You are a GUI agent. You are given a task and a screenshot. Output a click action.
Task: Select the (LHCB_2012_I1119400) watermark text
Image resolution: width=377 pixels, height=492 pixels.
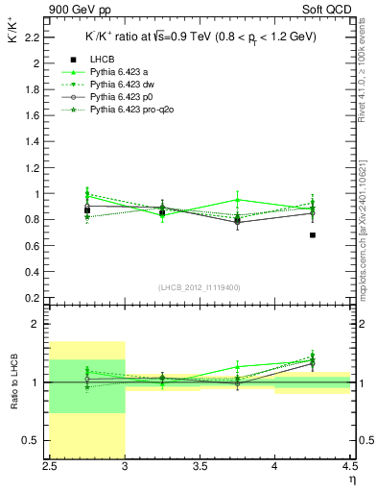pyautogui.click(x=200, y=287)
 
